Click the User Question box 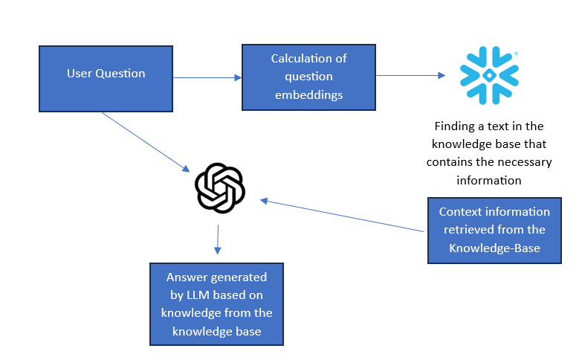(106, 78)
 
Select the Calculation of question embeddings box (308, 77)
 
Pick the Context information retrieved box (494, 230)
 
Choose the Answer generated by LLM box (216, 303)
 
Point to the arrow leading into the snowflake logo (409, 75)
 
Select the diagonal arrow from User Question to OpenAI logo (145, 141)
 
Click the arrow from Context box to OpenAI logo (342, 216)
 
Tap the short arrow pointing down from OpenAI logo (217, 240)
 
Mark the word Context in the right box (460, 212)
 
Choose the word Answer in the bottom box (186, 277)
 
